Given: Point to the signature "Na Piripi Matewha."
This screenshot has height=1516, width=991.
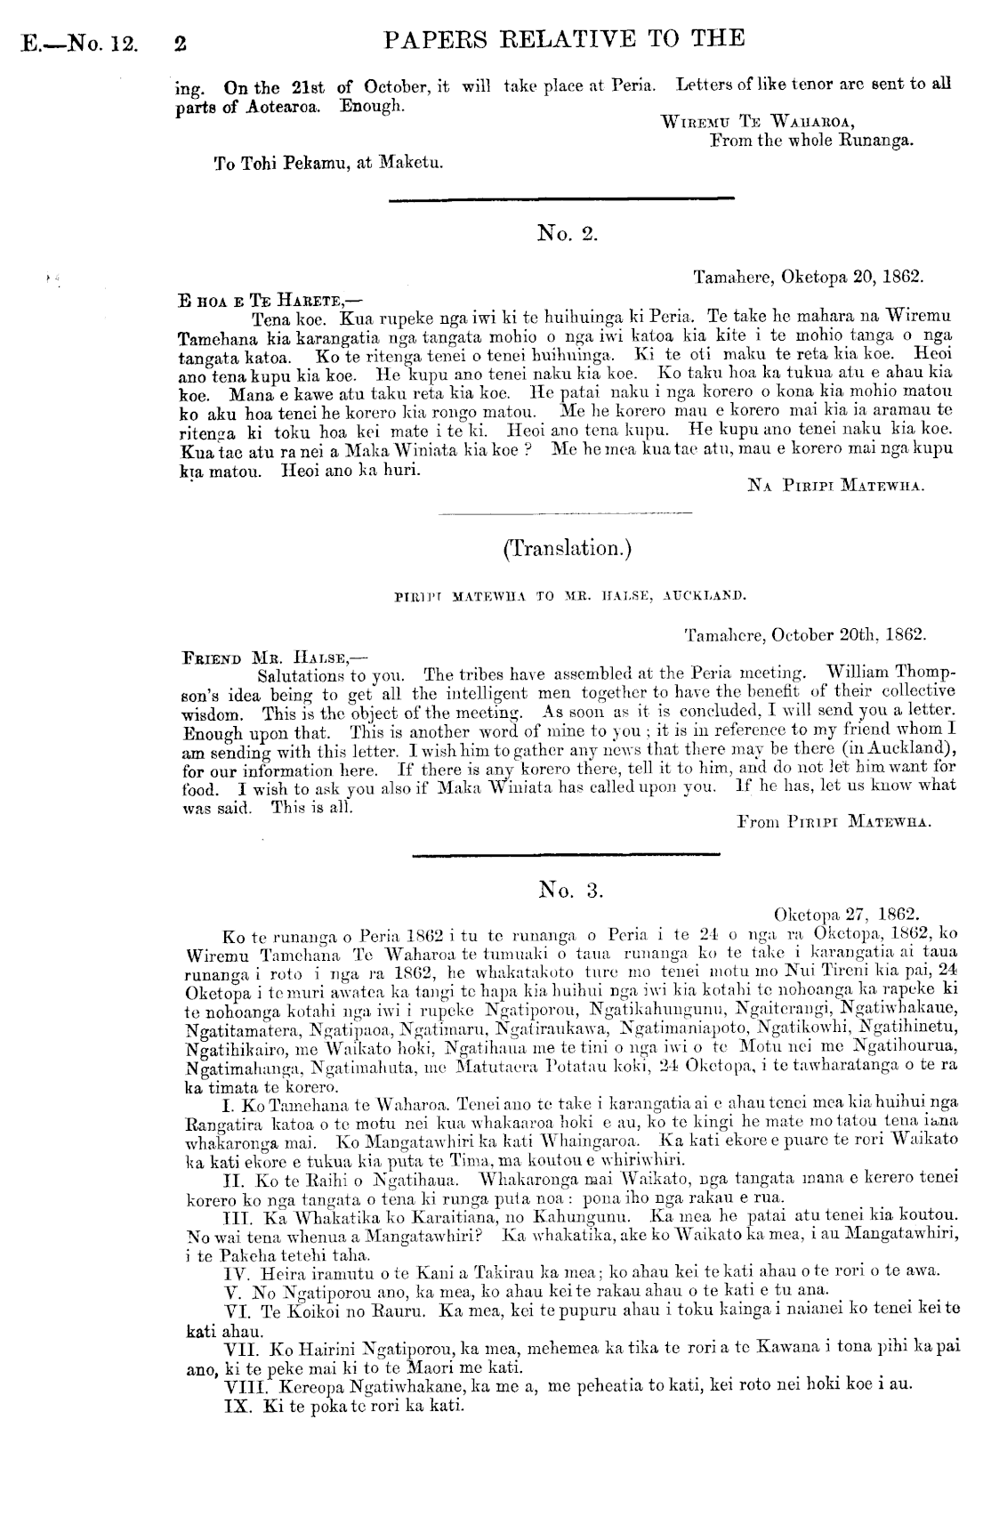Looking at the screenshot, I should [x=836, y=486].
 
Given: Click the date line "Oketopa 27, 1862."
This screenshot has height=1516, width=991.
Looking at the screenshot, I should [x=847, y=915].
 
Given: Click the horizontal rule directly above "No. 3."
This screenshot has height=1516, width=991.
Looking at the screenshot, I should [x=566, y=855].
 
